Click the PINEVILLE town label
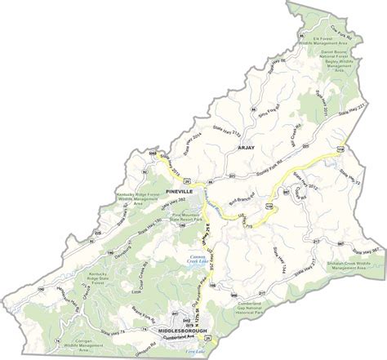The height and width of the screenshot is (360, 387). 176,190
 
